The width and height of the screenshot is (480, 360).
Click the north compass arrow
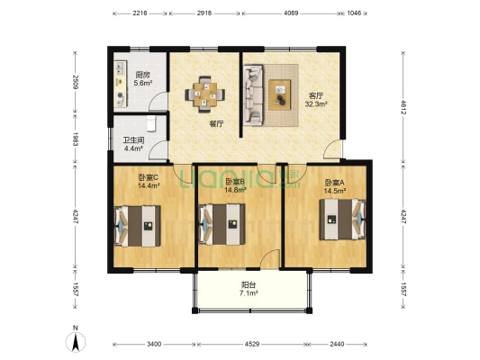(76, 341)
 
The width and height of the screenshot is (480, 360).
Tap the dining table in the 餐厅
(204, 94)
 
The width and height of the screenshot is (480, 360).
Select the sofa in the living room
(253, 95)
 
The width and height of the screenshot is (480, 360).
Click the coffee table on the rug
(280, 94)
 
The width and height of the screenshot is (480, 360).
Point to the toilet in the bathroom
(151, 123)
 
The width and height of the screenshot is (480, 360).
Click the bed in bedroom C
(138, 226)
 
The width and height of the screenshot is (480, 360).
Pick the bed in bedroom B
(222, 224)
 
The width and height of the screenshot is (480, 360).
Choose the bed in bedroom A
(342, 220)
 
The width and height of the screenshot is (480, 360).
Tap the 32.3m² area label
(316, 104)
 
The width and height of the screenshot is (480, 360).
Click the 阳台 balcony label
(249, 285)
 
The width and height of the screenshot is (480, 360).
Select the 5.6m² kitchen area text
(143, 83)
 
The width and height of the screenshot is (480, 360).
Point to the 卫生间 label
(133, 140)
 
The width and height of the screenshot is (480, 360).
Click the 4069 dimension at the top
(291, 13)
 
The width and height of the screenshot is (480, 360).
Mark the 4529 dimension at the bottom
(252, 344)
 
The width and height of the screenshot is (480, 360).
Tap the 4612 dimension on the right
(403, 107)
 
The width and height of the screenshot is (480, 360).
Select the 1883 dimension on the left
(76, 139)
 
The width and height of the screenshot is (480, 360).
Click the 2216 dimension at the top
(140, 13)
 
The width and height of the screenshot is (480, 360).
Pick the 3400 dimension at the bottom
(154, 344)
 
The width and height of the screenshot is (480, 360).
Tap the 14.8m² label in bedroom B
(235, 190)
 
